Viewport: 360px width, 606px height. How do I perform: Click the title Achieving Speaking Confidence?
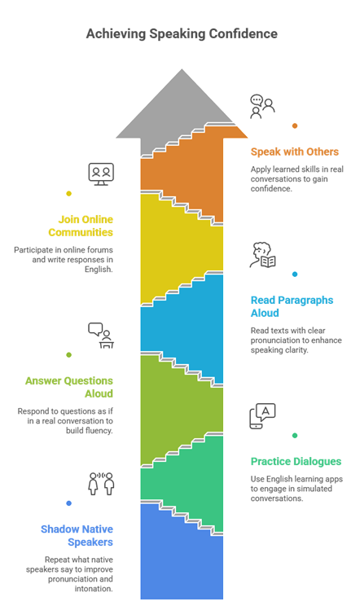[x=182, y=34]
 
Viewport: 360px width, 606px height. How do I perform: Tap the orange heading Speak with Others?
[x=294, y=151]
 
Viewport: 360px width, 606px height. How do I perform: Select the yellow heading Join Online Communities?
[x=81, y=226]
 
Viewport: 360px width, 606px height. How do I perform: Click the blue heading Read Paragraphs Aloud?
[x=292, y=306]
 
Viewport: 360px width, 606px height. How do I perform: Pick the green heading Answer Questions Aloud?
[x=69, y=387]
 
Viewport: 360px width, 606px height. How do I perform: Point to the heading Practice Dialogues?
[x=296, y=462]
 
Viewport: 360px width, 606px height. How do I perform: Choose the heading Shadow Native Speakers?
[x=77, y=536]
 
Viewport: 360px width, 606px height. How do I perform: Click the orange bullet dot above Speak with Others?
[x=295, y=125]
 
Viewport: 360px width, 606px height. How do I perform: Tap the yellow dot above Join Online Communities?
[x=68, y=194]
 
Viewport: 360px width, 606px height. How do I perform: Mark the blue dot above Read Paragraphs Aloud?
[x=295, y=274]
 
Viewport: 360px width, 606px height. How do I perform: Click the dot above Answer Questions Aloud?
[x=68, y=355]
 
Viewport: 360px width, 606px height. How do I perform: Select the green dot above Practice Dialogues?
[x=295, y=436]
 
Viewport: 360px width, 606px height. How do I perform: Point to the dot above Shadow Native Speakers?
[x=68, y=503]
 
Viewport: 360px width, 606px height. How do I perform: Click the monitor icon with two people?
[x=101, y=174]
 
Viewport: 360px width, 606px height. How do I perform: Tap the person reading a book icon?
[x=262, y=255]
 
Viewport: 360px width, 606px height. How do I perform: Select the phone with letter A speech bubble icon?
[x=262, y=416]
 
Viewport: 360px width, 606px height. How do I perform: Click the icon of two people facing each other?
[x=101, y=484]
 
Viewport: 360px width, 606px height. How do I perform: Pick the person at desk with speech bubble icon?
[x=101, y=336]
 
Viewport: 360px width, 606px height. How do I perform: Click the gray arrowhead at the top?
[x=182, y=108]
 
